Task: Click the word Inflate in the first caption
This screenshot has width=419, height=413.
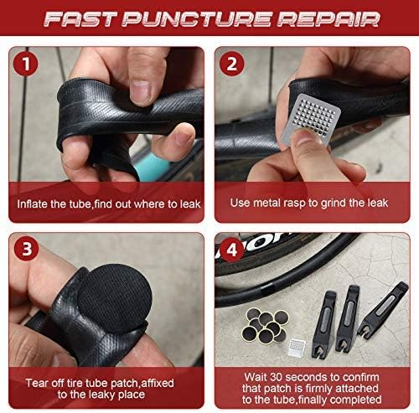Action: click(x=38, y=204)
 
